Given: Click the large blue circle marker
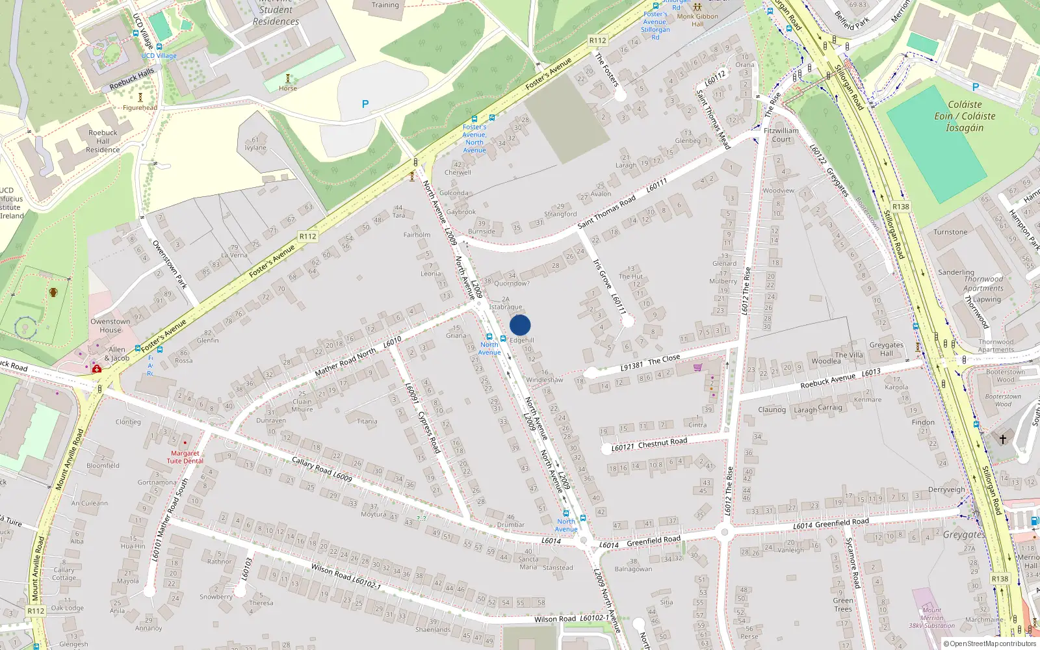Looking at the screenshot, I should [520, 325].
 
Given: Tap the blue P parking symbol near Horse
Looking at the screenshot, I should [365, 104].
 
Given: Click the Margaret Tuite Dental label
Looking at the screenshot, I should [185, 457].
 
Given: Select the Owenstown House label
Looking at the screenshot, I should [110, 326].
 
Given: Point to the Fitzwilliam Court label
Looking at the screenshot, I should [781, 135].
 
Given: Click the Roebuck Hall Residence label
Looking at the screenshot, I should [103, 141].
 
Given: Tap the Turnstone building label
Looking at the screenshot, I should [950, 232].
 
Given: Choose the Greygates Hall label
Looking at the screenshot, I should [887, 349].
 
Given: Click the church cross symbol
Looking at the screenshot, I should [1003, 439].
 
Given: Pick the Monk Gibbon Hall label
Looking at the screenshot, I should [697, 20].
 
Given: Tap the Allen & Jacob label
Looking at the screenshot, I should [117, 354].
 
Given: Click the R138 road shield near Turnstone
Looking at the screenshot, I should [901, 207].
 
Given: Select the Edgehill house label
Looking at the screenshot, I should [522, 340].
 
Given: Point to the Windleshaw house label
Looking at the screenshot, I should [545, 380].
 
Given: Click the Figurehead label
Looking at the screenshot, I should [140, 108].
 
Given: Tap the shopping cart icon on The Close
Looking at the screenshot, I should [697, 367].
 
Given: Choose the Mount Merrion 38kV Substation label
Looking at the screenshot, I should [931, 618].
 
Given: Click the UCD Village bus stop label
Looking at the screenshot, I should [159, 56].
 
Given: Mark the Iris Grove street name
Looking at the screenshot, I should [602, 274].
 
